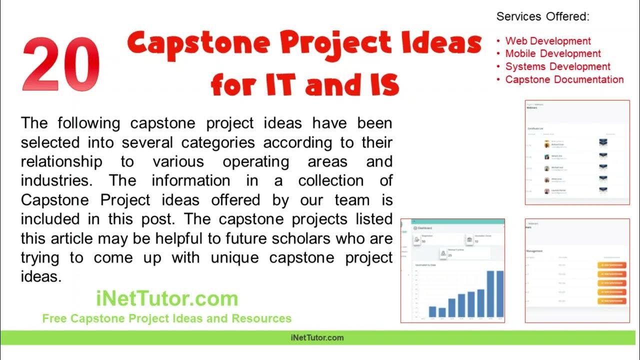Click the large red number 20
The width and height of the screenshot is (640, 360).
pos(61,65)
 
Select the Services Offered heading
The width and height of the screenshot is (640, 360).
pos(542,16)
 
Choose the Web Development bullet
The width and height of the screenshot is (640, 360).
pos(548,41)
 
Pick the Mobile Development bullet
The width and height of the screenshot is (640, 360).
pos(553,53)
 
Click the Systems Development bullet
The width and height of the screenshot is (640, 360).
pos(557,66)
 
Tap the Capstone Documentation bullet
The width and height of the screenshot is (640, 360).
pos(564,79)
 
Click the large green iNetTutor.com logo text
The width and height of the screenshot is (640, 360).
pos(167,299)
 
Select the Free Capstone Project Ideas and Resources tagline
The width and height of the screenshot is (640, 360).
pos(167,318)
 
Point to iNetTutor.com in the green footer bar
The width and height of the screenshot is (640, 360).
pos(317,337)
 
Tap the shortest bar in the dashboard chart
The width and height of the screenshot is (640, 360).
pos(442,312)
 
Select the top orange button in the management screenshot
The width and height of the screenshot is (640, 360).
pos(611,265)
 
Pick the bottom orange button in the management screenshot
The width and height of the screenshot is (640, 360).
pos(611,301)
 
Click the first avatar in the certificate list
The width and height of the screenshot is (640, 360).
pos(547,144)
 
